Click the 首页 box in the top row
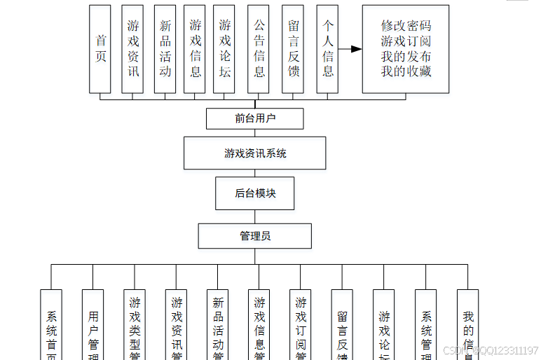(x=100, y=49)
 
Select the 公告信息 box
(x=259, y=49)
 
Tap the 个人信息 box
(x=327, y=49)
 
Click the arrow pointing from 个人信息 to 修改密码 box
(x=350, y=49)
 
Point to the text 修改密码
(x=406, y=26)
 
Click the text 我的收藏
(x=406, y=71)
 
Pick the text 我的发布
(x=406, y=56)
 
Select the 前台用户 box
(x=255, y=118)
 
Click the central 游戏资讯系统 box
(x=255, y=153)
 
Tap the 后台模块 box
(x=255, y=193)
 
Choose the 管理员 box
(x=255, y=236)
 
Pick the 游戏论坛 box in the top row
(x=224, y=49)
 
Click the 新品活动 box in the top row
(x=165, y=49)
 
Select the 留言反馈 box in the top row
(x=293, y=49)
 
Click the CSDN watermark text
(x=491, y=350)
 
